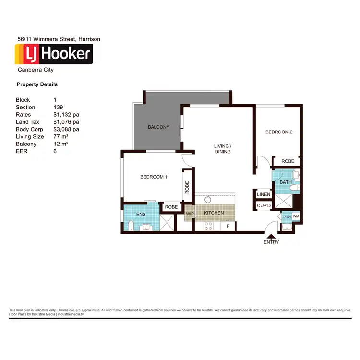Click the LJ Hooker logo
pos(54,54)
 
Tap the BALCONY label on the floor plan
pos(158,127)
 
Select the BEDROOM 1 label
pos(154,177)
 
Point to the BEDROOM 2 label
pos(279,132)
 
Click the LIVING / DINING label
pos(223,149)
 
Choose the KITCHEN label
pos(214,213)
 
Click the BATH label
pos(286,182)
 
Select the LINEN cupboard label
pos(264,195)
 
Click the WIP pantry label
pos(190,213)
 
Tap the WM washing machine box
pos(296,217)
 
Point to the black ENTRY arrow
pos(271,236)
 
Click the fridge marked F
pos(228,226)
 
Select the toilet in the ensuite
pos(131,225)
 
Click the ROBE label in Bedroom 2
pos(288,162)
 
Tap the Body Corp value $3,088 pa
pos(66,130)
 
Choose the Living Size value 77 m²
pos(61,137)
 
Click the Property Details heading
pos(37,84)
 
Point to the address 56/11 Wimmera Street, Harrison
pos(58,39)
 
